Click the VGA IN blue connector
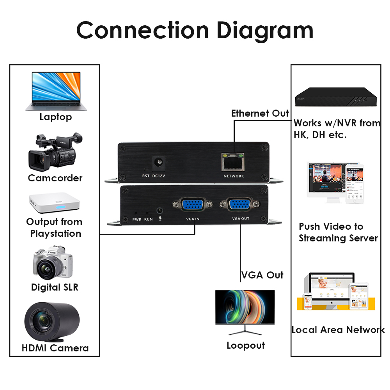click(193, 205)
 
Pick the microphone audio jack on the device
click(160, 211)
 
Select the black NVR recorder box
click(336, 96)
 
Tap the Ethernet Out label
click(260, 113)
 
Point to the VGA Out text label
click(262, 275)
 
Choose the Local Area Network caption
click(338, 330)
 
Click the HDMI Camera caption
click(55, 348)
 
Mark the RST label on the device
click(146, 176)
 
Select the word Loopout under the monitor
click(246, 346)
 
